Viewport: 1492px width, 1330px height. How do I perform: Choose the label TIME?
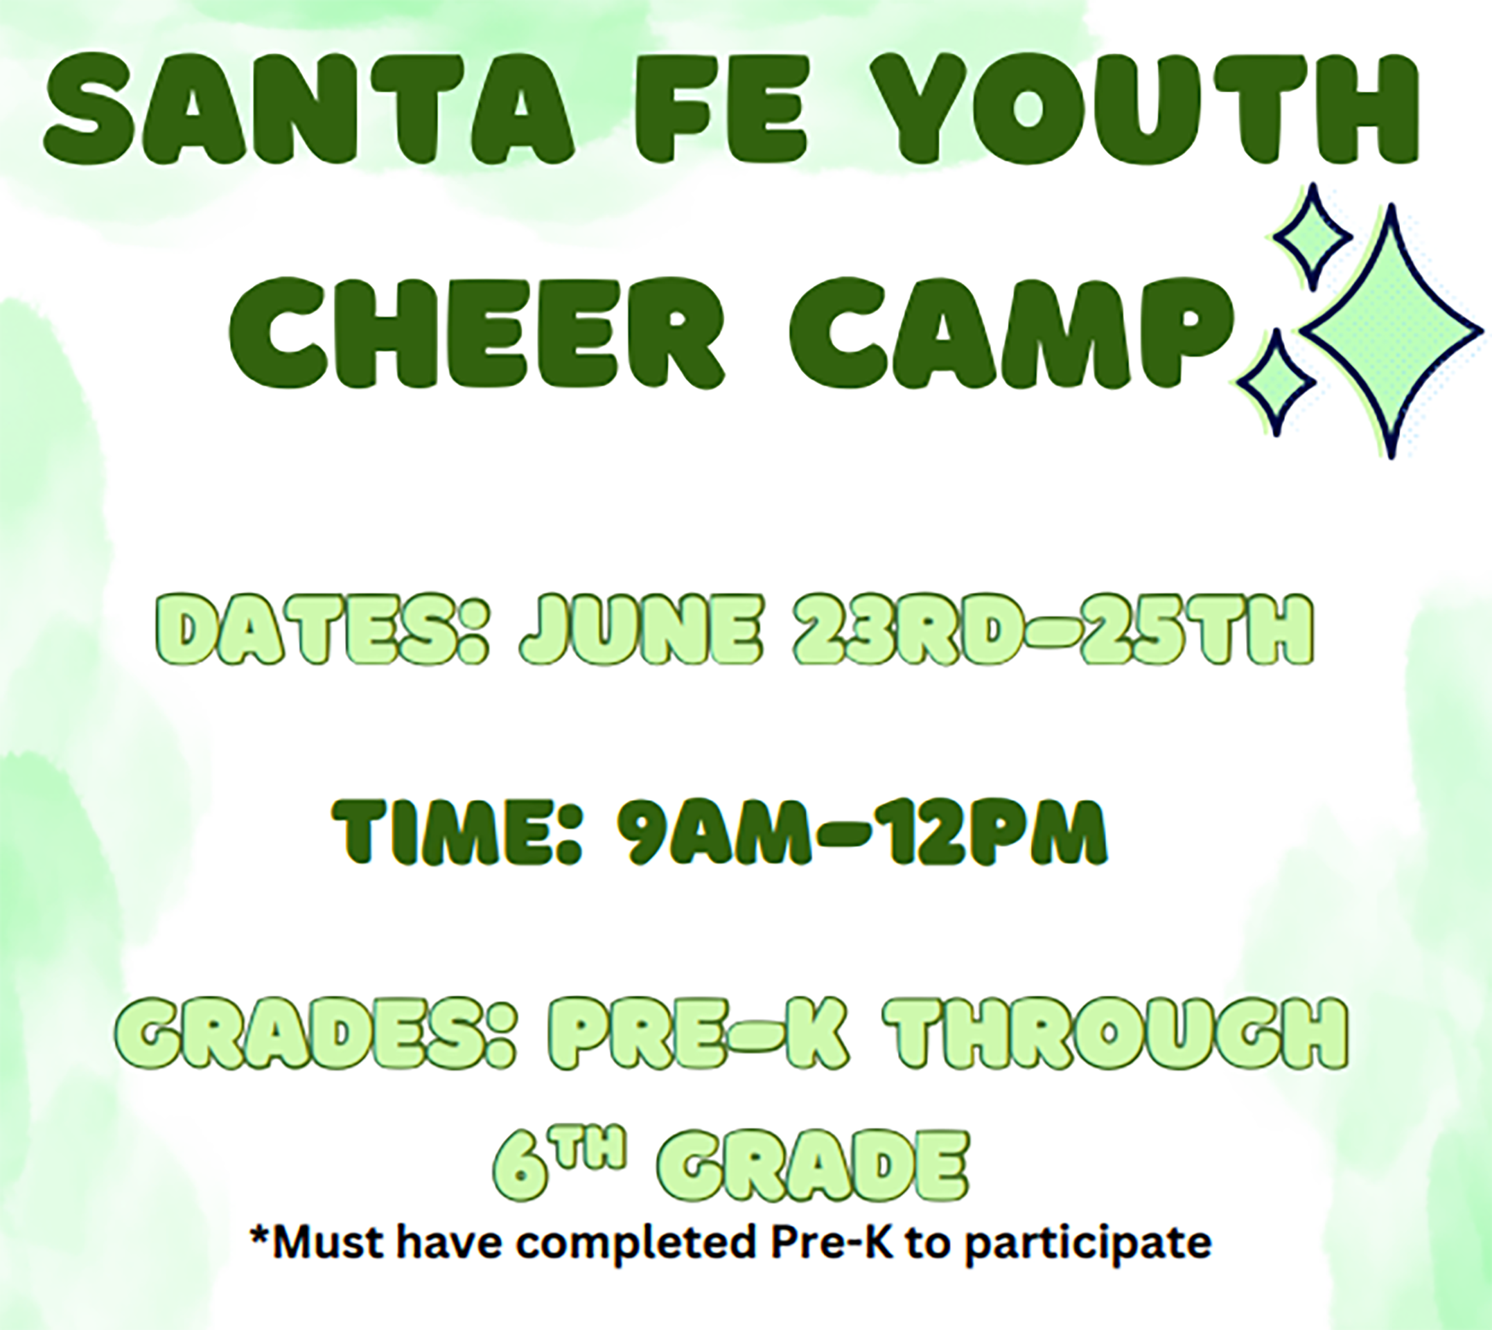tap(457, 834)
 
